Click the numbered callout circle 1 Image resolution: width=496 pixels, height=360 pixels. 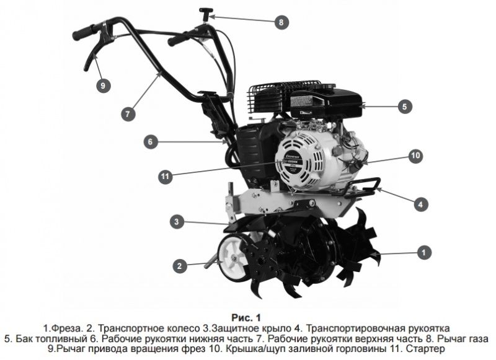423,252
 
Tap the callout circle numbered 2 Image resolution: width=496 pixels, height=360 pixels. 180,266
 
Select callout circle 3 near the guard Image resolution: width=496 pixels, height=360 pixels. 177,221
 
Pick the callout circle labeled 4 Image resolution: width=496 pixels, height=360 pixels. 420,203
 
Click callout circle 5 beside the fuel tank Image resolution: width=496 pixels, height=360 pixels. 404,107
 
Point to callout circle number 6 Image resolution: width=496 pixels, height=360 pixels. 149,141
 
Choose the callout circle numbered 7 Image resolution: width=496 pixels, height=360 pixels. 127,114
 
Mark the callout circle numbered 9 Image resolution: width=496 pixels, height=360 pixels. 103,86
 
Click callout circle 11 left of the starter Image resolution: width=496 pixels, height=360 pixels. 164,177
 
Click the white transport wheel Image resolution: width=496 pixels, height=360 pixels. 234,258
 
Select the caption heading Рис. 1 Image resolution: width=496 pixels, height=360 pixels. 247,316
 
